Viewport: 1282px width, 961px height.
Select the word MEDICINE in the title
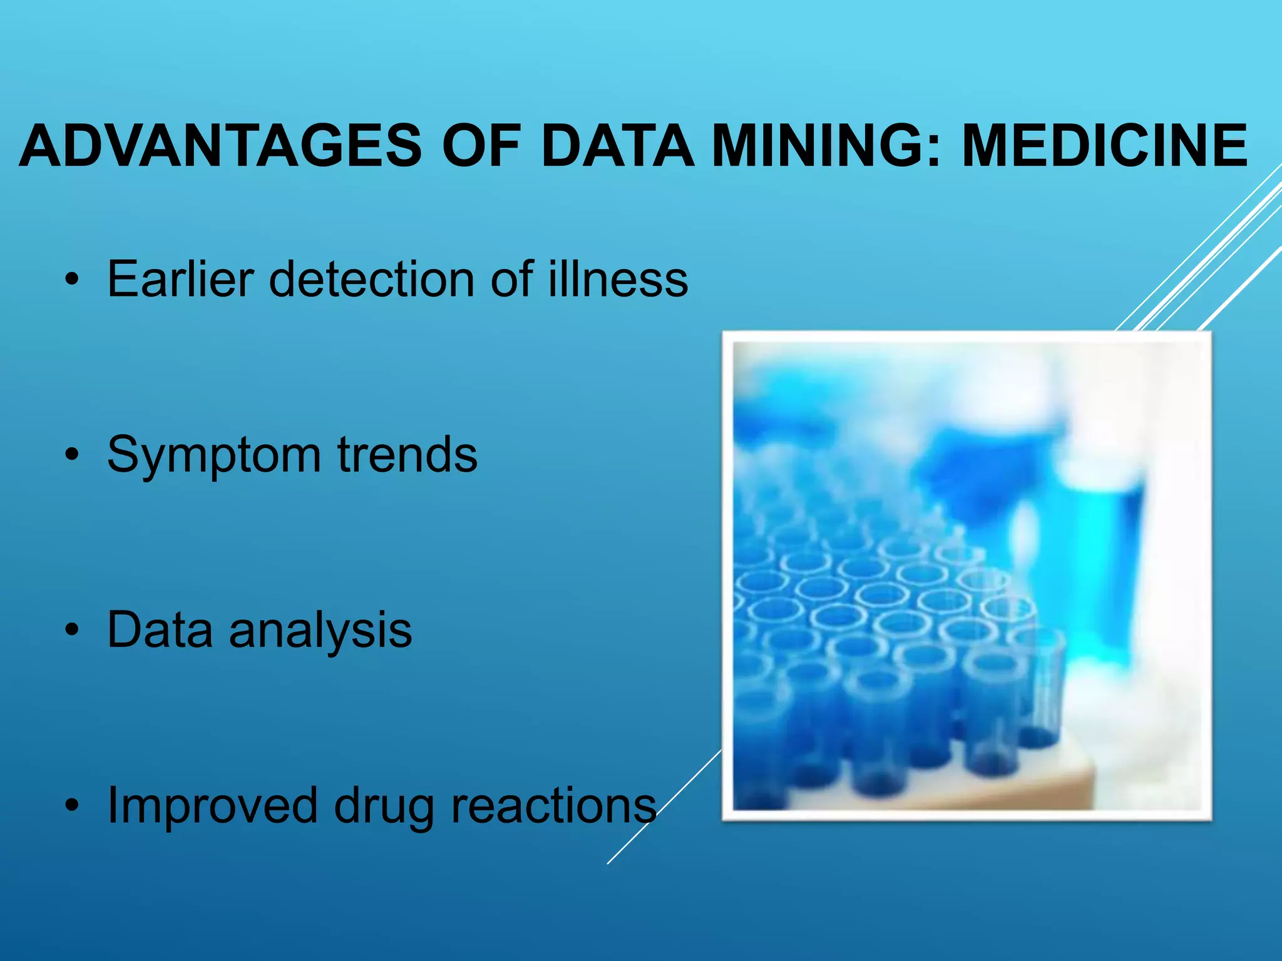1104,146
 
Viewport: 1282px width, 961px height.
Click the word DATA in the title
617,146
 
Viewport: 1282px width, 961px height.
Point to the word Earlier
180,279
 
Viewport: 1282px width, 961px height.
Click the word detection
371,279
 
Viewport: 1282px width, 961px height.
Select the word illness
618,279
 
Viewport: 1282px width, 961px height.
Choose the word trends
408,455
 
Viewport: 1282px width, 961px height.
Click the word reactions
553,806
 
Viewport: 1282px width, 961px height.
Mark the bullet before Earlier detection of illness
73,280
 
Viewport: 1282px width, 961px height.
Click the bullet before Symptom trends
73,455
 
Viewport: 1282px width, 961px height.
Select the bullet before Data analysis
73,631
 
